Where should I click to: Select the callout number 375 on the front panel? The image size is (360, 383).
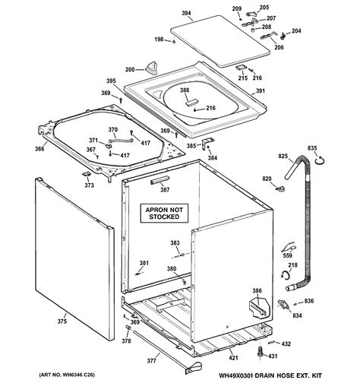(x=62, y=321)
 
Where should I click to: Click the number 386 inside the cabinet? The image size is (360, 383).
(x=257, y=291)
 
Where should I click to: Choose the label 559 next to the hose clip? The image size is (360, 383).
(x=287, y=256)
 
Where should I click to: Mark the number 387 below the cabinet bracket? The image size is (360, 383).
(x=164, y=189)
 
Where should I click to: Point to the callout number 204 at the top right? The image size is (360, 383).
(x=296, y=31)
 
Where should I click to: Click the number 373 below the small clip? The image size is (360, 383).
(x=89, y=185)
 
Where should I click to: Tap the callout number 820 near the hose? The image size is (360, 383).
(x=267, y=179)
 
